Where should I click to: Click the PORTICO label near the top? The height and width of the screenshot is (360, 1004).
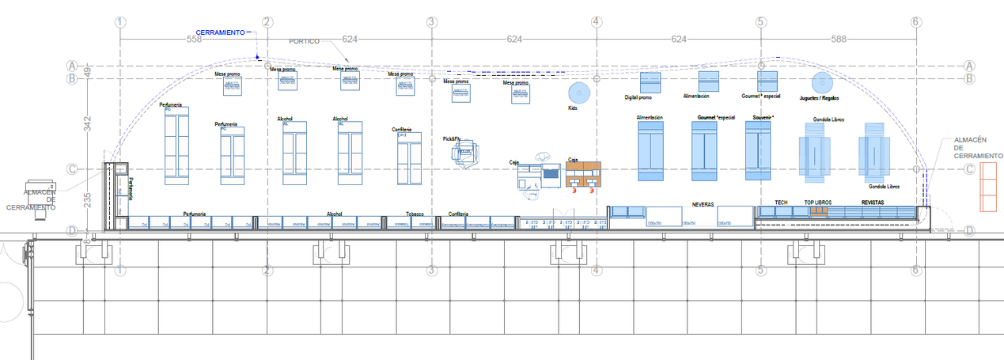coord(305,41)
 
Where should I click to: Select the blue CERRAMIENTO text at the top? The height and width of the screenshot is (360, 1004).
coord(220,32)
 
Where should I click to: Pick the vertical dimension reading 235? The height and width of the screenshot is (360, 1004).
coord(89,200)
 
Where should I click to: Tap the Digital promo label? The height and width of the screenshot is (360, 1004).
coord(638,98)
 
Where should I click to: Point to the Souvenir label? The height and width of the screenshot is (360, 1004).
coord(762,117)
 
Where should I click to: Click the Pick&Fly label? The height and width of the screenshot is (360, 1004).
coord(453,139)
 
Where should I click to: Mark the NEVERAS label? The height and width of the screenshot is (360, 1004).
coord(703,204)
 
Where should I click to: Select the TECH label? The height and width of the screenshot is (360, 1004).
coord(781,203)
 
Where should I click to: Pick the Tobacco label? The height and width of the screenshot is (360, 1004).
coord(415,214)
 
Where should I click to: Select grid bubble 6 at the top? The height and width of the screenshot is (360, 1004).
coord(915,22)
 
